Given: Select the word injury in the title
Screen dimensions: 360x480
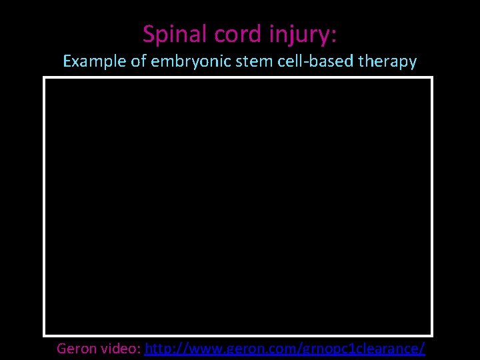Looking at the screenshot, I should tap(299, 35).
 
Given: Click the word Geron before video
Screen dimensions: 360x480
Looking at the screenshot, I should tap(76, 348).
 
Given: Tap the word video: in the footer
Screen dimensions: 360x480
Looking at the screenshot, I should tap(120, 348).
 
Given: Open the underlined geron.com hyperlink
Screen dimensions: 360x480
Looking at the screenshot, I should tap(285, 348).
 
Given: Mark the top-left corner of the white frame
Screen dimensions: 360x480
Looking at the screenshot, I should tap(44, 78).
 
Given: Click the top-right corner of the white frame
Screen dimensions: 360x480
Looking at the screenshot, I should tap(432, 78).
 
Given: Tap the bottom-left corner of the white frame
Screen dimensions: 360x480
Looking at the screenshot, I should tap(44, 335).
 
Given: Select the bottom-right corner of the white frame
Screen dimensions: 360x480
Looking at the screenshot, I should tap(432, 335).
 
